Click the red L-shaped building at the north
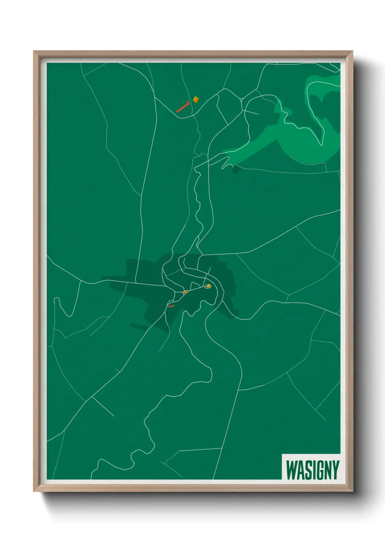tap(183, 106)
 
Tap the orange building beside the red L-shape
tap(196, 99)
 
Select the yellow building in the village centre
tap(208, 286)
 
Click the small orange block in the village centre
tap(185, 292)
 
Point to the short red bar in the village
tap(171, 306)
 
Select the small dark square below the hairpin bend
tap(236, 170)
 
